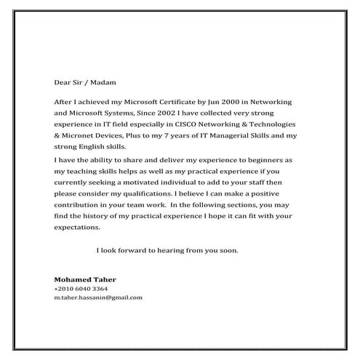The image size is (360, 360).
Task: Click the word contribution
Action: [79, 205]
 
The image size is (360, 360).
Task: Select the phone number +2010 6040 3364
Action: [81, 289]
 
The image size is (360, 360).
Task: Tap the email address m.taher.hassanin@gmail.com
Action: [98, 297]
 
